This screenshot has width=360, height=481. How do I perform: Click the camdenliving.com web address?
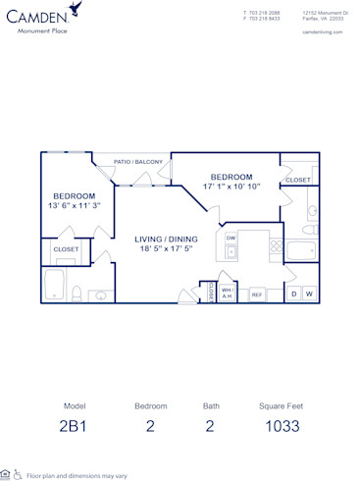tap(323, 31)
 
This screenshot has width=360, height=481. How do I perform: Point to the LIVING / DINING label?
tap(167, 239)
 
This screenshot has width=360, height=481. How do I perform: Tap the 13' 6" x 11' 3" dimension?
tap(74, 206)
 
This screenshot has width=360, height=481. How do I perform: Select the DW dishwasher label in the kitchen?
tap(231, 238)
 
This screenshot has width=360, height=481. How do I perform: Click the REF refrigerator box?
tap(256, 294)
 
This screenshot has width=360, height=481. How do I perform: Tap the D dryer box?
tap(293, 294)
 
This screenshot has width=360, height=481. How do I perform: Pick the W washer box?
tap(309, 294)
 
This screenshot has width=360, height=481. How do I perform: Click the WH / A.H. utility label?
tap(226, 293)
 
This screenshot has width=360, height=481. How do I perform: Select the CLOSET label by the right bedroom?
tap(297, 180)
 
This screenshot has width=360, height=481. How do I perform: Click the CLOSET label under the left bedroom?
tap(66, 249)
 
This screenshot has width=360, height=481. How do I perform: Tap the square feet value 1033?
tap(282, 425)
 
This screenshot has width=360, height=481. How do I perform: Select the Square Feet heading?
tap(282, 405)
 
